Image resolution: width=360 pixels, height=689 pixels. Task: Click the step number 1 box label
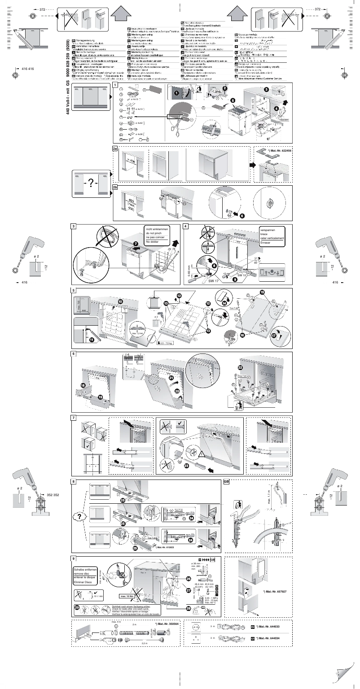point(115,84)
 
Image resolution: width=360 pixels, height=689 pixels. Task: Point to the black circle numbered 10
point(120,301)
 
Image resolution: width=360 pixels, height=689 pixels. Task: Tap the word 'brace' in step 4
point(264,233)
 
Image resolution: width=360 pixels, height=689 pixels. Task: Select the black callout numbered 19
point(100,397)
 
